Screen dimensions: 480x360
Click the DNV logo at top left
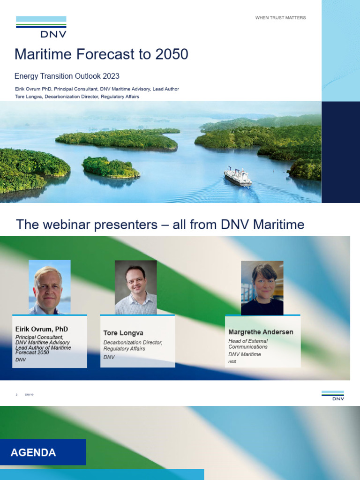pyautogui.click(x=41, y=26)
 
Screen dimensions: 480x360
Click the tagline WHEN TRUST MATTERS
pyautogui.click(x=280, y=18)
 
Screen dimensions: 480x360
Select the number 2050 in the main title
pyautogui.click(x=172, y=55)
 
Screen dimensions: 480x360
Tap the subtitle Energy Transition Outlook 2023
pyautogui.click(x=67, y=76)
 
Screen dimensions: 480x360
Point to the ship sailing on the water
pyautogui.click(x=238, y=177)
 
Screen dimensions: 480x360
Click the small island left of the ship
pyautogui.click(x=111, y=168)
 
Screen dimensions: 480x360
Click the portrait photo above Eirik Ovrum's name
pyautogui.click(x=49, y=287)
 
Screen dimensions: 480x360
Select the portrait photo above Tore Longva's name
pyautogui.click(x=135, y=287)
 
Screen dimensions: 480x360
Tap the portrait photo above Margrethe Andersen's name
pyautogui.click(x=262, y=288)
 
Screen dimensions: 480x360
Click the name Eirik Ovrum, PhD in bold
pyautogui.click(x=41, y=329)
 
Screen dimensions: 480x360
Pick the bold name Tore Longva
pyautogui.click(x=123, y=333)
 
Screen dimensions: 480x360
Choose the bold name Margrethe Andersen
pyautogui.click(x=261, y=332)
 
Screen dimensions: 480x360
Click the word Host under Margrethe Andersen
pyautogui.click(x=232, y=361)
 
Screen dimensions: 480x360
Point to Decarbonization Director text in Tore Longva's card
pyautogui.click(x=133, y=343)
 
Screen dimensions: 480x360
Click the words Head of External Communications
pyautogui.click(x=248, y=344)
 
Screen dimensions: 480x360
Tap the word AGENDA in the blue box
pyautogui.click(x=33, y=453)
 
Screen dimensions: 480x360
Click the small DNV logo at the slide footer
pyautogui.click(x=332, y=396)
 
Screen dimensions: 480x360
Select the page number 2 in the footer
pyautogui.click(x=16, y=395)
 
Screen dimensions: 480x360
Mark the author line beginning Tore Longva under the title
pyautogui.click(x=77, y=97)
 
